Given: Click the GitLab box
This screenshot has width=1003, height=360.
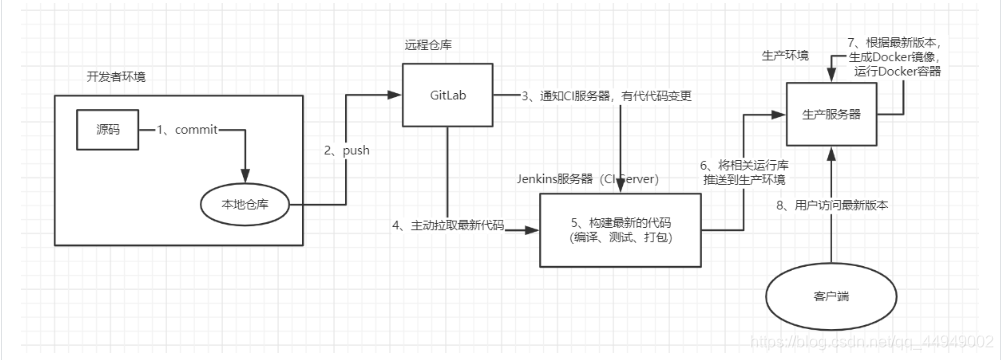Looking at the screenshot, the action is pyautogui.click(x=447, y=95).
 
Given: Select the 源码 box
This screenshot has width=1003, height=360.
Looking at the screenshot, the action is pyautogui.click(x=107, y=130).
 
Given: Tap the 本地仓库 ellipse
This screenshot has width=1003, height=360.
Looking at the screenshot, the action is pyautogui.click(x=246, y=205).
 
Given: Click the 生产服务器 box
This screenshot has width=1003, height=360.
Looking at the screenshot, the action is pyautogui.click(x=831, y=114).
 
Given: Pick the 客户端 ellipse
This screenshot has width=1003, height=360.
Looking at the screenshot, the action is pyautogui.click(x=831, y=297).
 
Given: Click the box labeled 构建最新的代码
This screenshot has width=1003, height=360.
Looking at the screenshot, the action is pyautogui.click(x=620, y=230).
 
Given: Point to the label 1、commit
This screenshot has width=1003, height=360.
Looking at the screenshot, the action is pyautogui.click(x=187, y=130).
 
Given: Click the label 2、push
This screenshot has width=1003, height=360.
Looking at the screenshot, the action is pyautogui.click(x=347, y=152).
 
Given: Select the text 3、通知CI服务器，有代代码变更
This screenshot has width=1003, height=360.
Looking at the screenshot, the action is pyautogui.click(x=606, y=97).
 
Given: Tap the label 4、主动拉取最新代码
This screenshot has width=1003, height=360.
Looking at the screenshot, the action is pyautogui.click(x=448, y=226).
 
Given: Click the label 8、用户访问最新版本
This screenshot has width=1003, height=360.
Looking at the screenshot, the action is pyautogui.click(x=832, y=206).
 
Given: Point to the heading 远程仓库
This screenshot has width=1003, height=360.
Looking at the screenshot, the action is pyautogui.click(x=423, y=45).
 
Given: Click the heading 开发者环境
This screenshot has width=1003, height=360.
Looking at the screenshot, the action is pyautogui.click(x=116, y=77).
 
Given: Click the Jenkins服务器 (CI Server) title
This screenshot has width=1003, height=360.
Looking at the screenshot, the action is pyautogui.click(x=587, y=179).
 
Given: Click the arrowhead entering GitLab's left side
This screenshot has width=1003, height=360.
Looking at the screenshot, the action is pyautogui.click(x=395, y=95).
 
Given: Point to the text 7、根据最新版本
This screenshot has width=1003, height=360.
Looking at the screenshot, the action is pyautogui.click(x=892, y=43).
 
